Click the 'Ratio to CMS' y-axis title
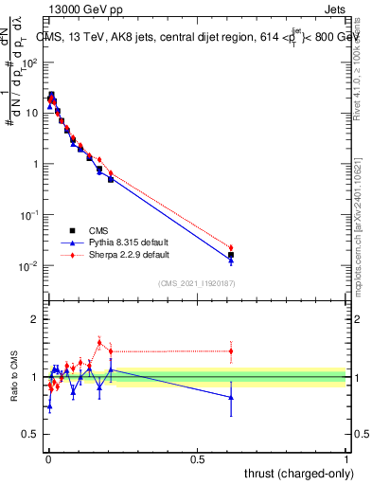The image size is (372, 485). pos(14,378)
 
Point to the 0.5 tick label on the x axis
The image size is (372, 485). pos(197,458)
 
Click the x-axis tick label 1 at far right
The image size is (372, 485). pos(346,458)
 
